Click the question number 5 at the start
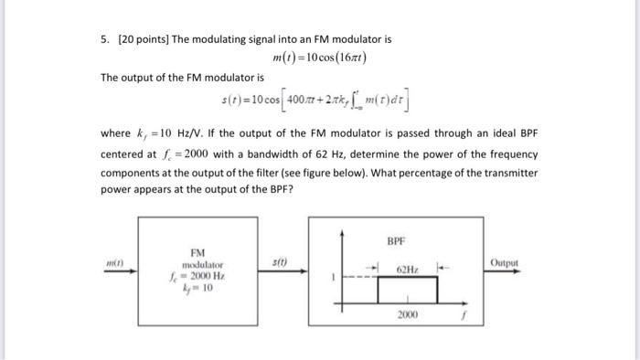point(105,40)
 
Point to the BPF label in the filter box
point(396,243)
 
